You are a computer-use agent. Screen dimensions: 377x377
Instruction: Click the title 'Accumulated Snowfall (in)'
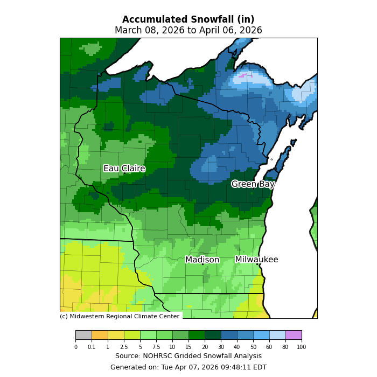(188, 20)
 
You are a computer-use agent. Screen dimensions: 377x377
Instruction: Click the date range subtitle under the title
(188, 31)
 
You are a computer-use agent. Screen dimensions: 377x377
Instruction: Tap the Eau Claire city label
(124, 169)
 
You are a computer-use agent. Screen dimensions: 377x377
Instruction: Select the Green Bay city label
(253, 184)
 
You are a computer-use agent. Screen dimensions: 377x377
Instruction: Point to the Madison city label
(202, 260)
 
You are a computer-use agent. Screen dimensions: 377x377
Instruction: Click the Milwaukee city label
(256, 260)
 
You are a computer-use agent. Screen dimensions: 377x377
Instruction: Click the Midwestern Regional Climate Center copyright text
(120, 316)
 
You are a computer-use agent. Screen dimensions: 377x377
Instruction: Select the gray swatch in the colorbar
(83, 335)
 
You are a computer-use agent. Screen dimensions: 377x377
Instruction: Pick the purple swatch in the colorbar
(294, 335)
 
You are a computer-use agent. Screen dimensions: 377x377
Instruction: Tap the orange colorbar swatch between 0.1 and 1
(100, 335)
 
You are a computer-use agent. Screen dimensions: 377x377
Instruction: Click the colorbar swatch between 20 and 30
(213, 335)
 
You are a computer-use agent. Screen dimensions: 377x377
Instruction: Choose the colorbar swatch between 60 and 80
(277, 335)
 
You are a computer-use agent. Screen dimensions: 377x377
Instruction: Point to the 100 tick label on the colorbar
(301, 347)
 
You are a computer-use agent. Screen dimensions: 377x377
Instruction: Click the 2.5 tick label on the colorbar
(124, 347)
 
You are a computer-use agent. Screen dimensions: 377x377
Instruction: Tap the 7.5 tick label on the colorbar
(156, 347)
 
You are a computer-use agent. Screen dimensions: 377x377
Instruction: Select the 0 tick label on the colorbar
(75, 347)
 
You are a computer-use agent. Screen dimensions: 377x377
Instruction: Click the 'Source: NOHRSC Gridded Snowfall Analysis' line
(188, 356)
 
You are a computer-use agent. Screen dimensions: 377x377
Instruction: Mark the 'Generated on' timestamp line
(188, 367)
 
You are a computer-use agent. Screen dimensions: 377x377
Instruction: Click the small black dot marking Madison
(203, 264)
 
